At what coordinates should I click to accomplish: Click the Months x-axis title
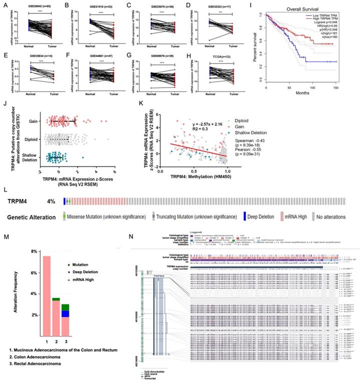305,92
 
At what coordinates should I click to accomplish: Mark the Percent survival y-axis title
256,50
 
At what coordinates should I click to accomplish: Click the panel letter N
131,236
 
